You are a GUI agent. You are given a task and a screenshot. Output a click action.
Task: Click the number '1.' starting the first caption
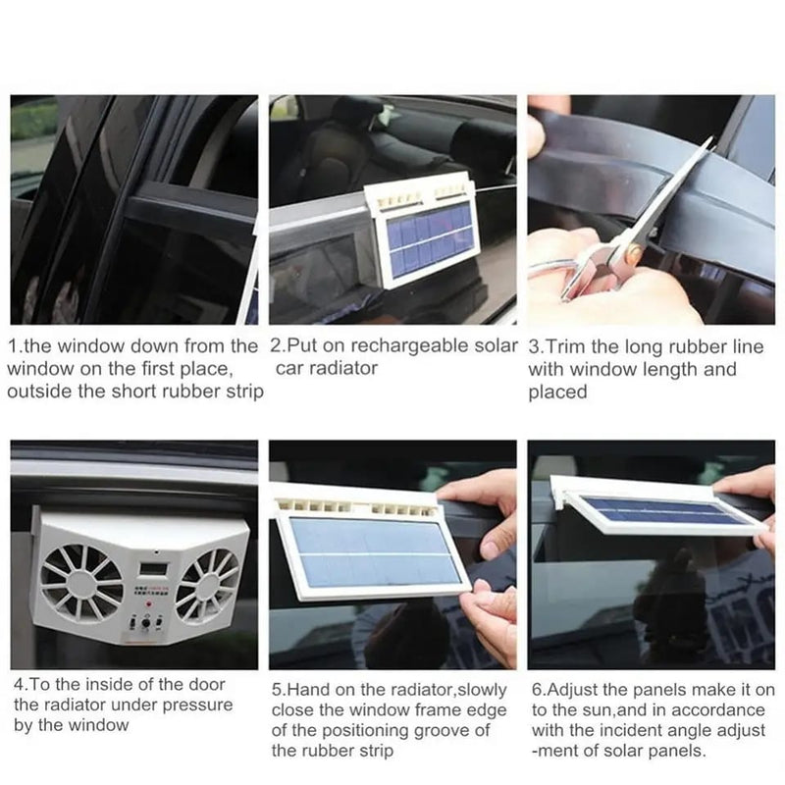click(x=14, y=346)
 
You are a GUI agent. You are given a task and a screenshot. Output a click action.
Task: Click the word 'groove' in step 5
click(x=435, y=729)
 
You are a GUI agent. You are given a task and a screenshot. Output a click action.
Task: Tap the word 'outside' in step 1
click(x=36, y=391)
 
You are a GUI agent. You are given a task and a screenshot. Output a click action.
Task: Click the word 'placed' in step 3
click(x=556, y=392)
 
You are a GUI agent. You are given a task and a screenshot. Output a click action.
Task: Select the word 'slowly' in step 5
click(x=481, y=688)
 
